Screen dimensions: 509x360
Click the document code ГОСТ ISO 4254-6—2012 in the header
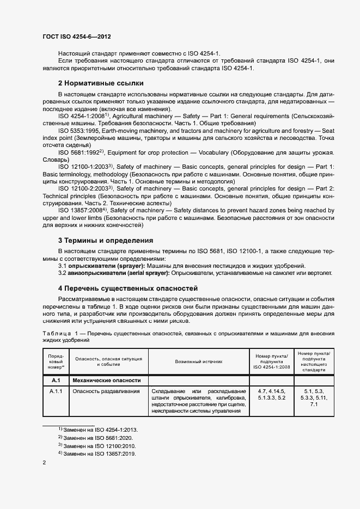click(x=77, y=37)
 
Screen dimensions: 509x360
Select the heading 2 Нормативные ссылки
click(x=101, y=83)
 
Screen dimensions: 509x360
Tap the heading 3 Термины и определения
click(x=105, y=240)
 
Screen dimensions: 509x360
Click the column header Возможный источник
click(x=198, y=362)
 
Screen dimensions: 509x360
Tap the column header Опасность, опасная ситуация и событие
click(x=108, y=362)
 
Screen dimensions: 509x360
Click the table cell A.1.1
click(x=56, y=391)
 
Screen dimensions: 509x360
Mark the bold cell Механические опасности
click(x=107, y=381)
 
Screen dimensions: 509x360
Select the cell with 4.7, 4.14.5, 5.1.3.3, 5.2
click(x=270, y=395)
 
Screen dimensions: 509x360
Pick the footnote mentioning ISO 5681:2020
click(x=98, y=438)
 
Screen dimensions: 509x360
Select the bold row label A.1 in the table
click(x=56, y=381)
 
